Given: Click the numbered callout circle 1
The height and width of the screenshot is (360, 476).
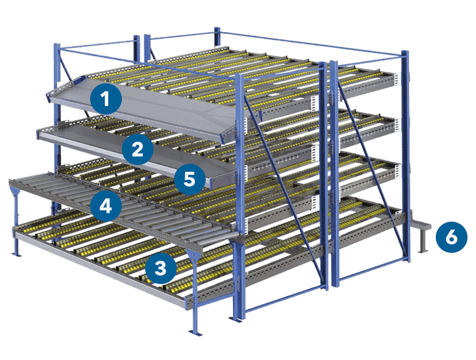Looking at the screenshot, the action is (105, 99).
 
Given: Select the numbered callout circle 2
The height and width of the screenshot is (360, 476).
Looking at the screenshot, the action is (138, 149).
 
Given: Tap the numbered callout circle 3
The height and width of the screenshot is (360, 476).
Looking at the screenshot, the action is (160, 268).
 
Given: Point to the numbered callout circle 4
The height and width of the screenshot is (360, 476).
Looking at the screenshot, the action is (106, 206).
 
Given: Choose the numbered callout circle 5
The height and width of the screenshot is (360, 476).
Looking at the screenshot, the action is (189, 179).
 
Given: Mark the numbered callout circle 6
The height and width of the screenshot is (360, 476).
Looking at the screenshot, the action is (452, 237).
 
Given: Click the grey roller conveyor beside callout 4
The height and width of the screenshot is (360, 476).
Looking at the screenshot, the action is (121, 210).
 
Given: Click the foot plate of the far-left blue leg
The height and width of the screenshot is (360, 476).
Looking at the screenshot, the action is (16, 253).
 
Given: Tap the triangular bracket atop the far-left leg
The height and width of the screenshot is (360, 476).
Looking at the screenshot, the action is (15, 193).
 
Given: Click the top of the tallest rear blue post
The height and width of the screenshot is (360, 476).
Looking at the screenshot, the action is (216, 29).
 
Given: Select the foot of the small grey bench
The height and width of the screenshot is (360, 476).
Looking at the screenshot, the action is (422, 251).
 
